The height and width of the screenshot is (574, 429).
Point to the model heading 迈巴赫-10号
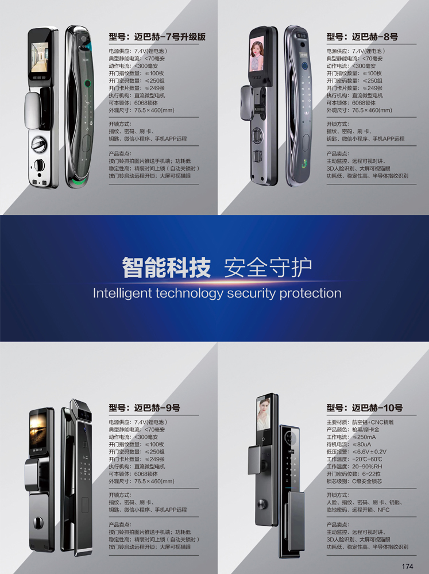(364, 408)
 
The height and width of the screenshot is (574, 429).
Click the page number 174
(408, 566)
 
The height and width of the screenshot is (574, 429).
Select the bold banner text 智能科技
(167, 267)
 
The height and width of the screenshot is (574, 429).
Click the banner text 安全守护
(267, 267)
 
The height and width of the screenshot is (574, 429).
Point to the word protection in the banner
(310, 293)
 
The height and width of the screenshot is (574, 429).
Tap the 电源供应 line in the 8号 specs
(355, 51)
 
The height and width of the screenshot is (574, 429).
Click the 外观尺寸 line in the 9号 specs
(141, 481)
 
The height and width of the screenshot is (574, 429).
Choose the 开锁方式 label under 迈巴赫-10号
(338, 495)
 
